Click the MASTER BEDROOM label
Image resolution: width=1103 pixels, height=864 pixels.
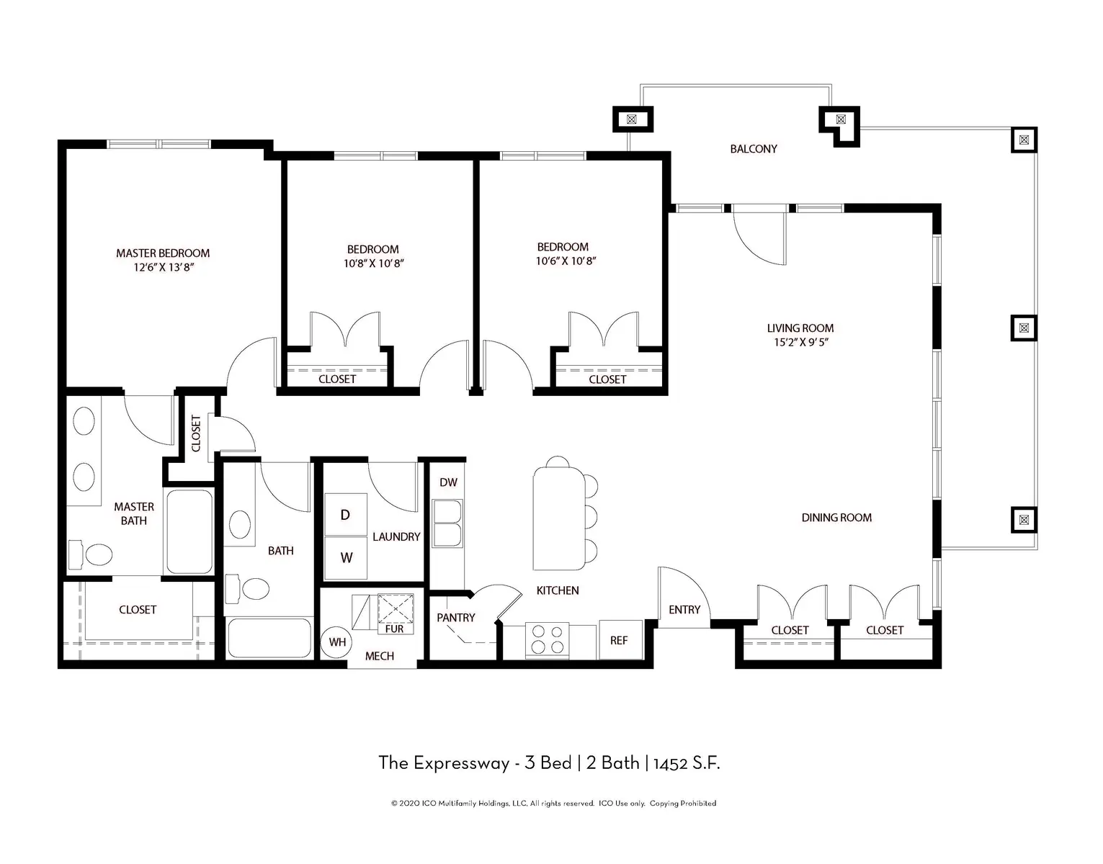[x=163, y=253]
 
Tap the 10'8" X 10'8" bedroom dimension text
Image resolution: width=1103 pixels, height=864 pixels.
[x=373, y=264]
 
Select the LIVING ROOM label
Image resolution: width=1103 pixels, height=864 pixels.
[x=800, y=328]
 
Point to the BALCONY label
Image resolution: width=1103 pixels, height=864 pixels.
[x=754, y=149]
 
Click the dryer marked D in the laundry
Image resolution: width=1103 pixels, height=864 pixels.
[x=346, y=514]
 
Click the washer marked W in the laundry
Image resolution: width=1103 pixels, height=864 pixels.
[x=346, y=557]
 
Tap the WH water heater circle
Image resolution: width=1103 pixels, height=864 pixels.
[x=337, y=642]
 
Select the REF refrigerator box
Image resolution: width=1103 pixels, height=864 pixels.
[x=619, y=639]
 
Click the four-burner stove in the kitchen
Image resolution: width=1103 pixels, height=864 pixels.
[x=548, y=639]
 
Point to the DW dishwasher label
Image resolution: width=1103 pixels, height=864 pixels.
[x=448, y=482]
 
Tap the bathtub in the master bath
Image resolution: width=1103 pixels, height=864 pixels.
[x=189, y=531]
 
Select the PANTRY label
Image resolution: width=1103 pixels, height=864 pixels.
[x=455, y=618]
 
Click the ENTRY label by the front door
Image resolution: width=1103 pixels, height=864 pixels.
[x=684, y=610]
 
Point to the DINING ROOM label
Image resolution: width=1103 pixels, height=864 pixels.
[x=836, y=518]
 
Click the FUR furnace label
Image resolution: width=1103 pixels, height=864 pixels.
[x=394, y=629]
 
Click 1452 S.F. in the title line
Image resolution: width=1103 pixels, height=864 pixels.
[x=687, y=763]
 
